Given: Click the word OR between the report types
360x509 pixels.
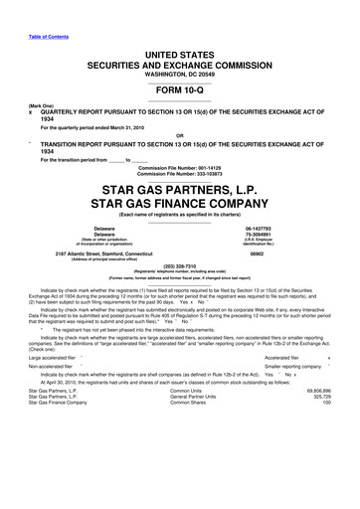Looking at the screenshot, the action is click(180, 134).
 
